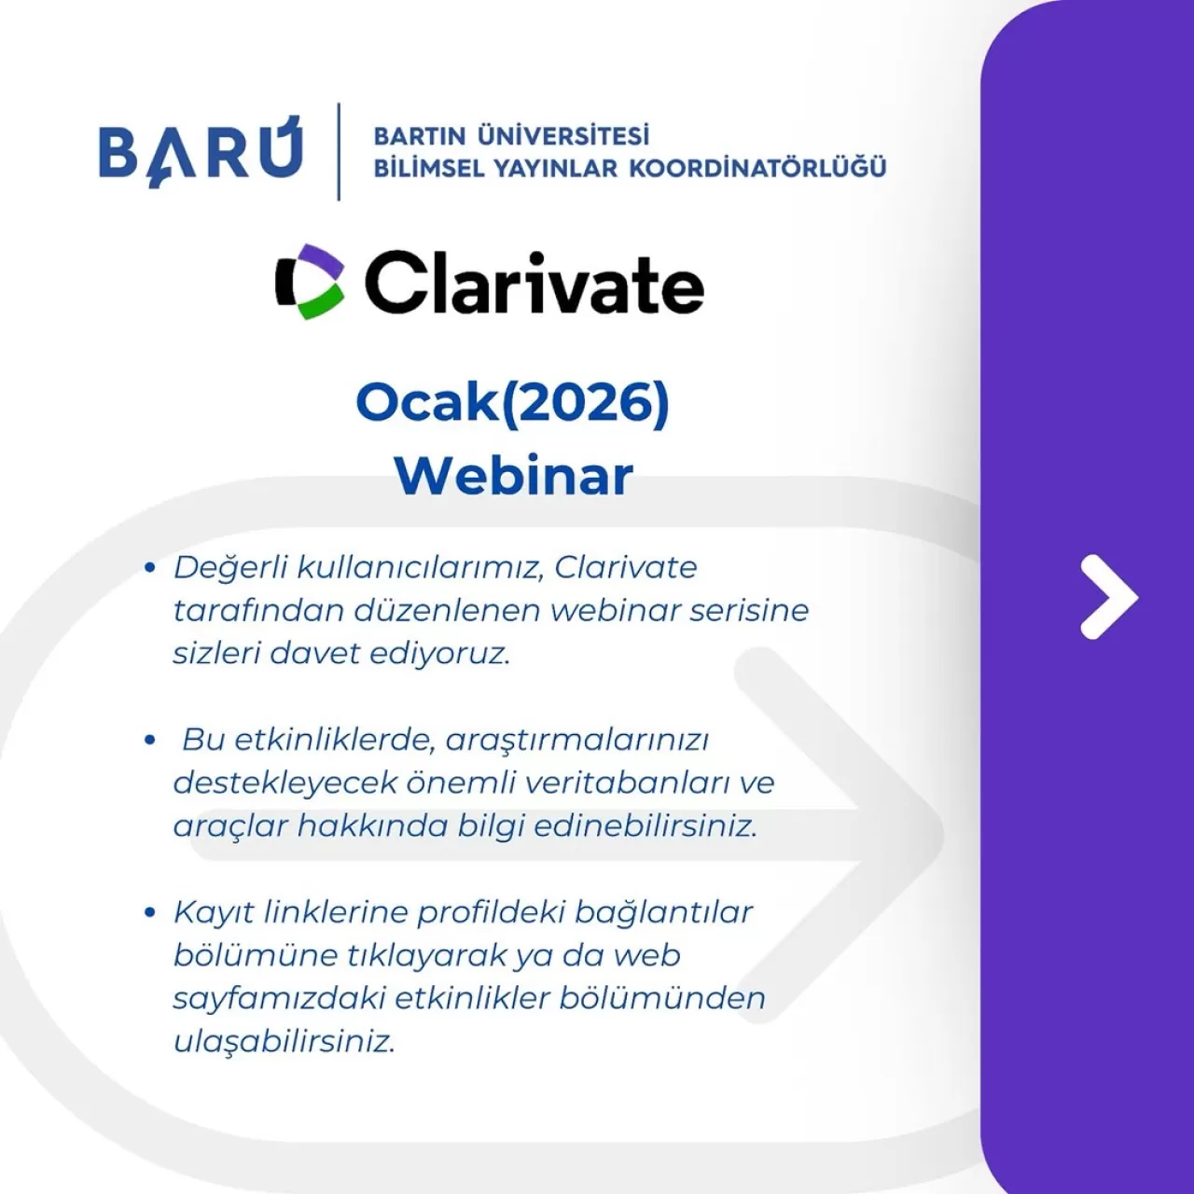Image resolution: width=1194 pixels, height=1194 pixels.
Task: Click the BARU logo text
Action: click(201, 151)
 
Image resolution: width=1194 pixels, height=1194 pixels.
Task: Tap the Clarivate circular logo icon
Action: click(310, 282)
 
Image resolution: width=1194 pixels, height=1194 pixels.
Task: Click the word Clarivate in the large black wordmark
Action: click(534, 283)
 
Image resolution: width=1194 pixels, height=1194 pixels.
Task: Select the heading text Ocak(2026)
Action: click(513, 403)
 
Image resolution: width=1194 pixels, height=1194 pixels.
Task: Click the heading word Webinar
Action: click(513, 475)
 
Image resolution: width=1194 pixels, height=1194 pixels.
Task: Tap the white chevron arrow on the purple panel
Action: click(1108, 597)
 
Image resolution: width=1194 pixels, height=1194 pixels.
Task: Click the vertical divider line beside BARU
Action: click(339, 151)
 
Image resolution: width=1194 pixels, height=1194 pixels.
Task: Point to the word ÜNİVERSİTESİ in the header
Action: click(562, 136)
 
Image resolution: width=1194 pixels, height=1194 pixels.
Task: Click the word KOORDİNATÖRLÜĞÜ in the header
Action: click(757, 169)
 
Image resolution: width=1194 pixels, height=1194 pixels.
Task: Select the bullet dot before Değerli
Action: click(149, 567)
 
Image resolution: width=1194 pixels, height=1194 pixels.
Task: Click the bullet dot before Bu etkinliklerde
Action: click(149, 740)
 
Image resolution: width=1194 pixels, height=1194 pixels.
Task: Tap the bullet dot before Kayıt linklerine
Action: click(149, 911)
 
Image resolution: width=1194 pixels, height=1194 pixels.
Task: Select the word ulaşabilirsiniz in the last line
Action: click(285, 1041)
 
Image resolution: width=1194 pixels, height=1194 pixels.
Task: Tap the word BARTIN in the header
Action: click(419, 136)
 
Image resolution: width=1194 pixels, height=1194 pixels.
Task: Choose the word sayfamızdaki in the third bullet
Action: click(279, 998)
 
